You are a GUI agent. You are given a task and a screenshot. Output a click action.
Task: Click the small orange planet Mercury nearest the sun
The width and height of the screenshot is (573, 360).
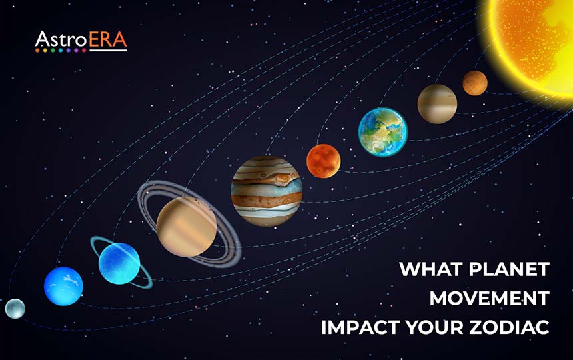(x=475, y=83)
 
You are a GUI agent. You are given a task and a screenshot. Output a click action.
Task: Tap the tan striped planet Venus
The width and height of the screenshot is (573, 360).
(x=437, y=104)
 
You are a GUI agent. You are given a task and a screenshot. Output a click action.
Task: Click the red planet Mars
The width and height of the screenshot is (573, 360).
(x=324, y=161)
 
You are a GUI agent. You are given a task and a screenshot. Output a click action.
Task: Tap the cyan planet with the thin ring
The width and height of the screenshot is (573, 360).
(x=119, y=263)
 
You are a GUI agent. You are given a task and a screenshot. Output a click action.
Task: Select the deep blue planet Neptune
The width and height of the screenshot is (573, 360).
(x=63, y=286)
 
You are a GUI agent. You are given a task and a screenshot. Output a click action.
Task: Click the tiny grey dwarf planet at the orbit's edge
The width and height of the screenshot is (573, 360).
(x=15, y=309)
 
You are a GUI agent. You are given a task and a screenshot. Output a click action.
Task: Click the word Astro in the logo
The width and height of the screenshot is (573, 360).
(x=60, y=40)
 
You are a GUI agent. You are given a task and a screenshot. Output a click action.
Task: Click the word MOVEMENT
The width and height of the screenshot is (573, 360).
(x=490, y=299)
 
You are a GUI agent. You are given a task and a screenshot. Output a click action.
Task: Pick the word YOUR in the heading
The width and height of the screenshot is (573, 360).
(x=436, y=328)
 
